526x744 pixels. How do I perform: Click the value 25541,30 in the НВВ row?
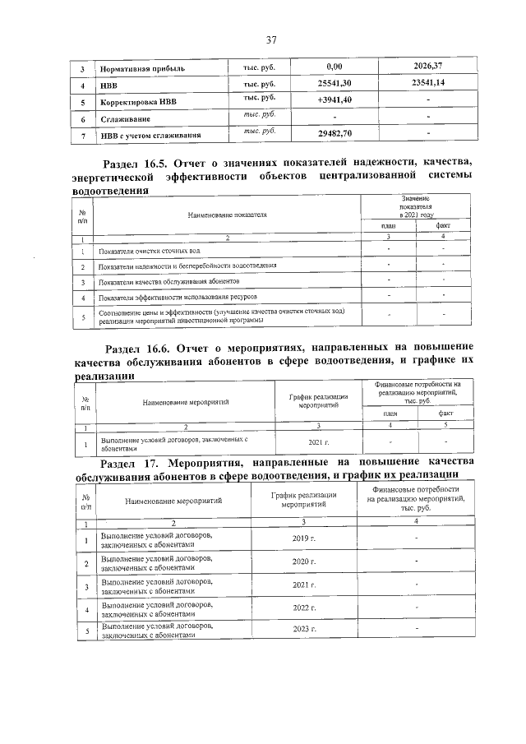334,84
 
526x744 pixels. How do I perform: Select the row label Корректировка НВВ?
137,103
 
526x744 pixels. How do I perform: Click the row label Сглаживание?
123,120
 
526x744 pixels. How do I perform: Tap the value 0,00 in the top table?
334,66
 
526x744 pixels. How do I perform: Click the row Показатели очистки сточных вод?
149,251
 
